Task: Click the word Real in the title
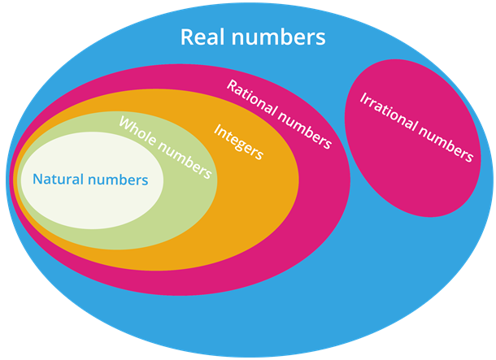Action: [x=201, y=37]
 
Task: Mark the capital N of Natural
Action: [x=37, y=180]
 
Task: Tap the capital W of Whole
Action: [x=124, y=124]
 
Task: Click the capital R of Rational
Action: [x=231, y=86]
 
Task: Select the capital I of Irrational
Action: [x=362, y=99]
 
